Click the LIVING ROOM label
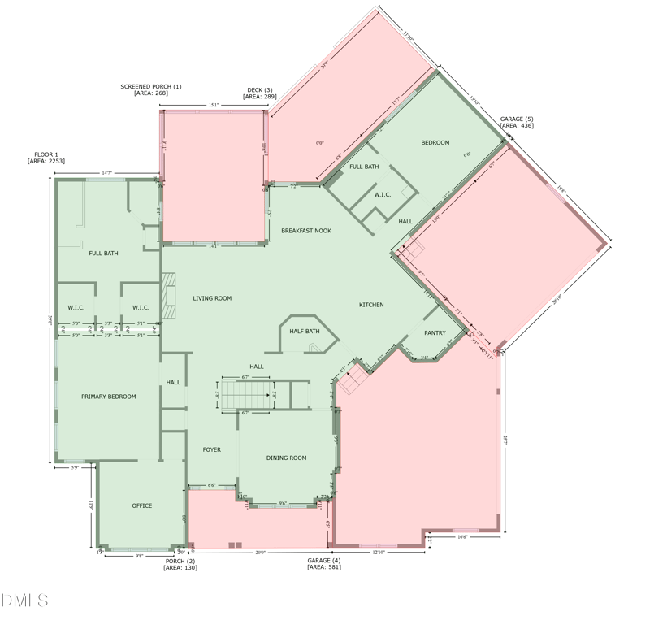coord(212,298)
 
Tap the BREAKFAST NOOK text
coord(306,231)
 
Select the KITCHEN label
coord(371,305)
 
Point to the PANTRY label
coord(435,332)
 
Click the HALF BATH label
coord(305,332)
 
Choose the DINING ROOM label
coord(286,458)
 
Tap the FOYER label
coord(211,449)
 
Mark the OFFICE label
coord(142,505)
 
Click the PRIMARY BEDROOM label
coord(109,397)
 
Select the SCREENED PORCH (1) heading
coord(151,86)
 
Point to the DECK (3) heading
coord(259,90)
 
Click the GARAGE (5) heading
coord(516,119)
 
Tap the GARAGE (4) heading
coord(323,560)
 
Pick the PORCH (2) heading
coord(180,561)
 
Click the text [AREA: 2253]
coord(45,161)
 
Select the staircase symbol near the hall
coord(249,396)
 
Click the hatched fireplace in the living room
coord(169,296)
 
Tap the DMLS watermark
coord(24,601)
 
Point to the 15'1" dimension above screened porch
coord(213,105)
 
